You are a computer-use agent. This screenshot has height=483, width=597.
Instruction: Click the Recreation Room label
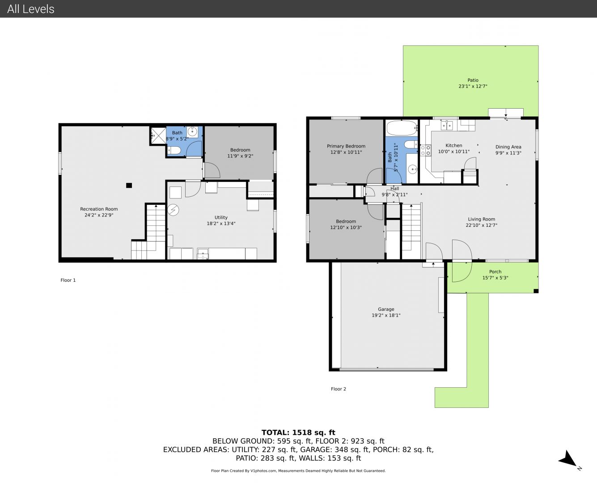99,209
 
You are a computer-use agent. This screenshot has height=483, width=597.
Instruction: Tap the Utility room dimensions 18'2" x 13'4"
221,224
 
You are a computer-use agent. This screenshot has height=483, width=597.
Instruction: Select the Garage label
386,309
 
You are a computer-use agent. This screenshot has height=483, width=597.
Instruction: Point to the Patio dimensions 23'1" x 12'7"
473,86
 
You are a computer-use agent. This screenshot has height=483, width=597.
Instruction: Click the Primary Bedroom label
346,146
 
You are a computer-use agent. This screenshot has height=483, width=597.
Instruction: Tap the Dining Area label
508,147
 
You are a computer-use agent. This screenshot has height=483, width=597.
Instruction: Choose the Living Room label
482,219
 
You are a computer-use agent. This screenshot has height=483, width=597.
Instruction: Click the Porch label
495,271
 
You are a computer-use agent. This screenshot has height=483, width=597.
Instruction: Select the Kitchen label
454,145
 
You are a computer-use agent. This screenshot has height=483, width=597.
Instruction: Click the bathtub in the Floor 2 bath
402,128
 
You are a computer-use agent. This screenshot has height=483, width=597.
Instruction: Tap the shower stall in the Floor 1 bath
158,136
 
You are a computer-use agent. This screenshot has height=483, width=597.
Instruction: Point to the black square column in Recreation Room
129,185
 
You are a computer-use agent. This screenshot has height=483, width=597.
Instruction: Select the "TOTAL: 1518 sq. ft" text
298,432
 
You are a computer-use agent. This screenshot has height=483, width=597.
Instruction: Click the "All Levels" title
30,9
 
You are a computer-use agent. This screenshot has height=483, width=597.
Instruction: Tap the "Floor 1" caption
68,280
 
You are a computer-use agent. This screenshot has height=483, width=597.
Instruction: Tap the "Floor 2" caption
338,389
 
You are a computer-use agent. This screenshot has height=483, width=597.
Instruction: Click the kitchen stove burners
425,150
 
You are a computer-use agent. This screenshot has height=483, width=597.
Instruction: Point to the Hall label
394,188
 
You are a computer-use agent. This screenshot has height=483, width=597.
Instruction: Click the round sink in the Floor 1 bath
192,131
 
